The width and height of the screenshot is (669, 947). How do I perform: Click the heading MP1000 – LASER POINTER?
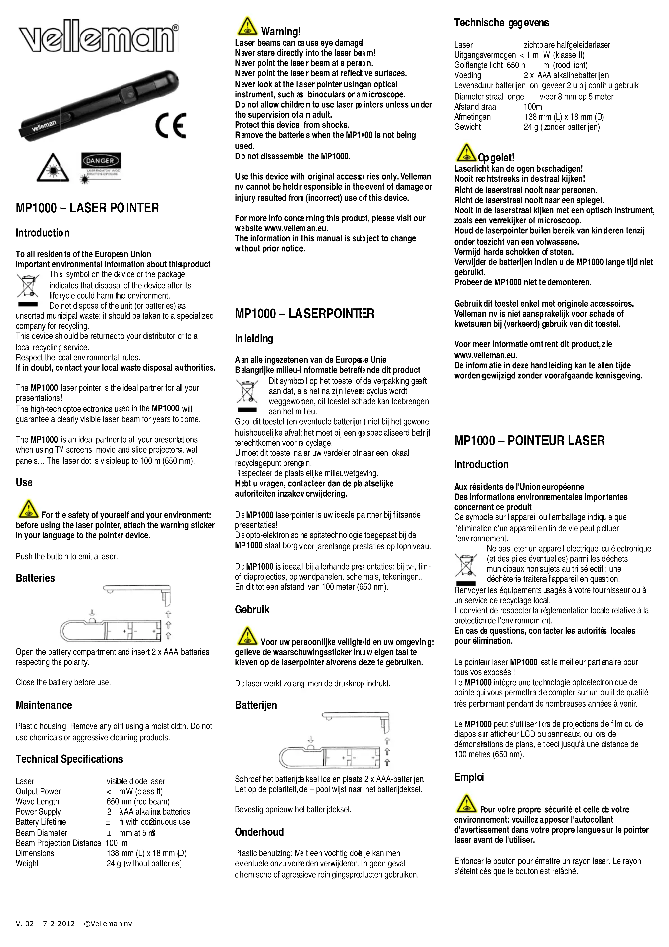[87, 208]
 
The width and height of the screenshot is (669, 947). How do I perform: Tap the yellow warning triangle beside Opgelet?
[466, 153]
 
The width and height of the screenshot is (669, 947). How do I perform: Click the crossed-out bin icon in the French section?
[466, 565]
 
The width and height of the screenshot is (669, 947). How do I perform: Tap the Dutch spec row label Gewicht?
[467, 127]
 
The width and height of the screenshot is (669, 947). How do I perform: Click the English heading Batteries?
[36, 578]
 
